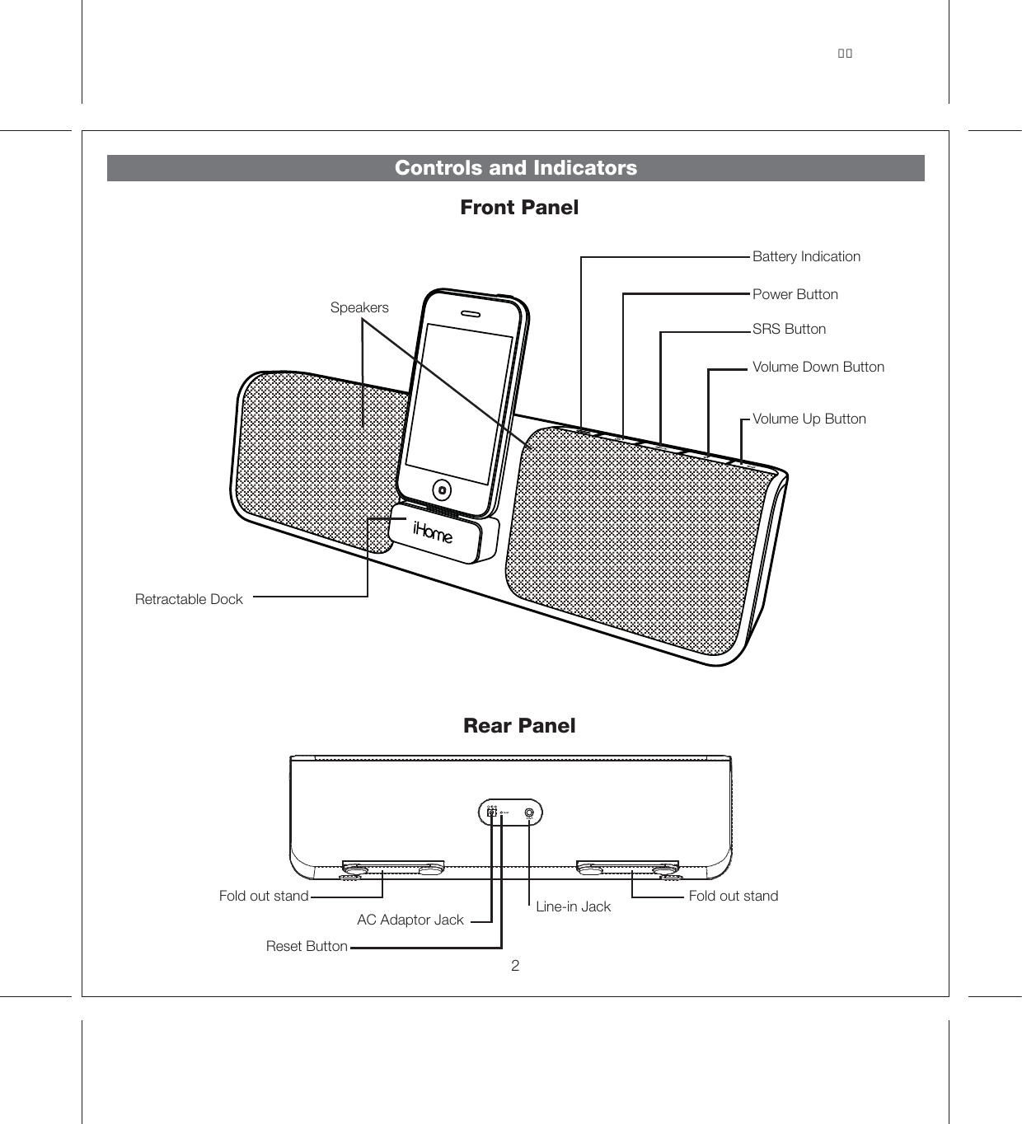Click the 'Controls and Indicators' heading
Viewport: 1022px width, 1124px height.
516,168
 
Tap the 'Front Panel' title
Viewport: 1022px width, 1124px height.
519,208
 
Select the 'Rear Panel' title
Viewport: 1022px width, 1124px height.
519,726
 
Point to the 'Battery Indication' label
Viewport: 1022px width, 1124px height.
806,256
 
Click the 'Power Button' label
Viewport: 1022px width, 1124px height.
795,294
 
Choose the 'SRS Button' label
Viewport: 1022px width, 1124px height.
789,329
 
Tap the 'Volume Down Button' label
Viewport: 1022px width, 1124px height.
818,367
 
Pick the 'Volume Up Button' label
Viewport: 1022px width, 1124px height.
809,419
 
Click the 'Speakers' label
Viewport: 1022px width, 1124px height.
359,307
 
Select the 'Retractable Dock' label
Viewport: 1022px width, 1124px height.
189,599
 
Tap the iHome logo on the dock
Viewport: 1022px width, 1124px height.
433,533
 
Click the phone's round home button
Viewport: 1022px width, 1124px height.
443,490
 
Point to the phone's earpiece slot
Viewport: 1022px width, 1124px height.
471,314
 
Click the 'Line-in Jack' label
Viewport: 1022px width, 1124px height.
573,906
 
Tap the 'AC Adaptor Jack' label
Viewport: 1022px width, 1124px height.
410,920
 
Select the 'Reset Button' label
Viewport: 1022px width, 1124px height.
307,946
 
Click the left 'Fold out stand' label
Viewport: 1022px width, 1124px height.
263,896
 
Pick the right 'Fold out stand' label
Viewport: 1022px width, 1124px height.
733,896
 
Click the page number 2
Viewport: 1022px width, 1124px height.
515,966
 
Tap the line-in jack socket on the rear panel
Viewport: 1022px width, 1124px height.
529,813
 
